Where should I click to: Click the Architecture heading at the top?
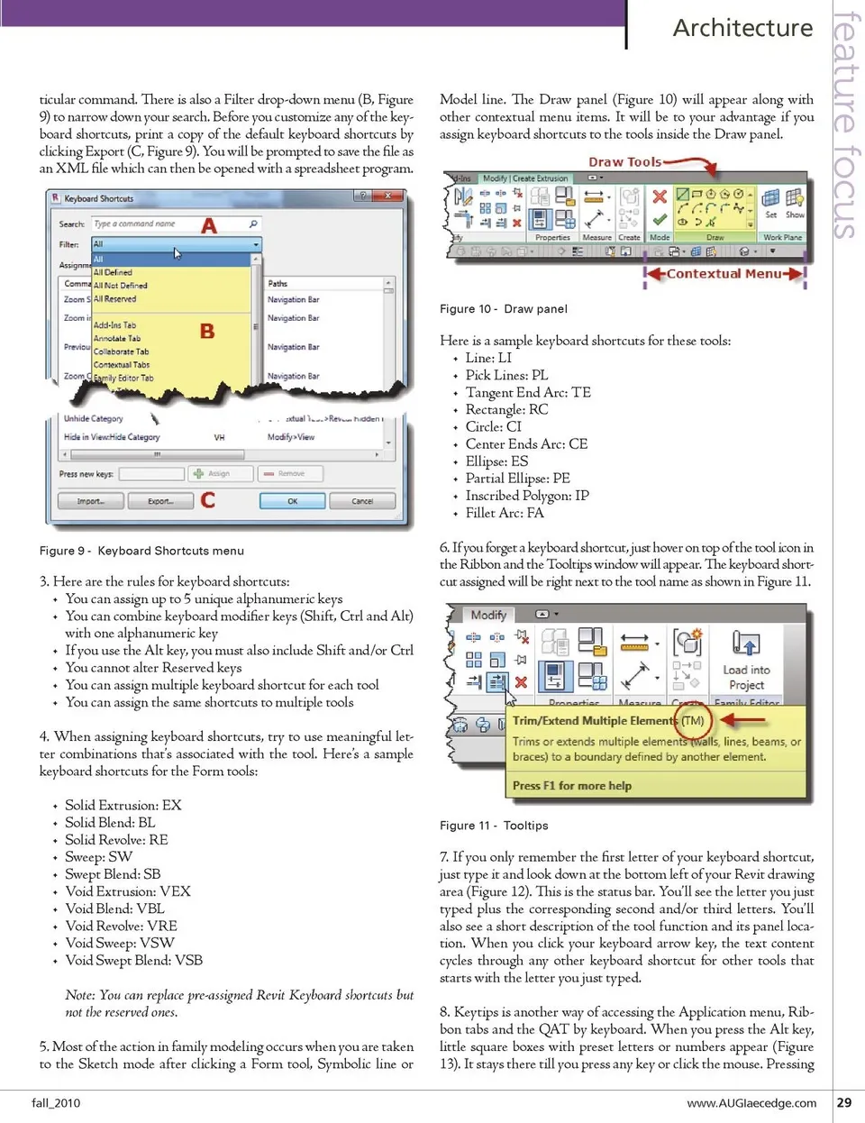point(742,28)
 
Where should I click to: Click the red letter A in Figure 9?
point(209,225)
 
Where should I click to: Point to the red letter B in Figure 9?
point(207,331)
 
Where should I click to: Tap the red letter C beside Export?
point(208,499)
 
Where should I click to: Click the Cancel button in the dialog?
point(362,501)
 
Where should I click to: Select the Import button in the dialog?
point(90,501)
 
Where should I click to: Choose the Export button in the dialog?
point(160,501)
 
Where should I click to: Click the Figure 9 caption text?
point(141,551)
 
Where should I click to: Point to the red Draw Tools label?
point(624,162)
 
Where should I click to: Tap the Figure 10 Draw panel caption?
point(503,308)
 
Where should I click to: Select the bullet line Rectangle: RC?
point(506,409)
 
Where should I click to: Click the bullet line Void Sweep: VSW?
point(120,943)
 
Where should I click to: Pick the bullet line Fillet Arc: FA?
point(505,513)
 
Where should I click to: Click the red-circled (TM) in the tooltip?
point(693,720)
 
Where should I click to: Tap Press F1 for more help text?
point(572,786)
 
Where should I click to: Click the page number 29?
point(844,1102)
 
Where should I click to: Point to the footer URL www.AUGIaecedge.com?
point(751,1102)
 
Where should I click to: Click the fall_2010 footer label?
point(56,1102)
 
